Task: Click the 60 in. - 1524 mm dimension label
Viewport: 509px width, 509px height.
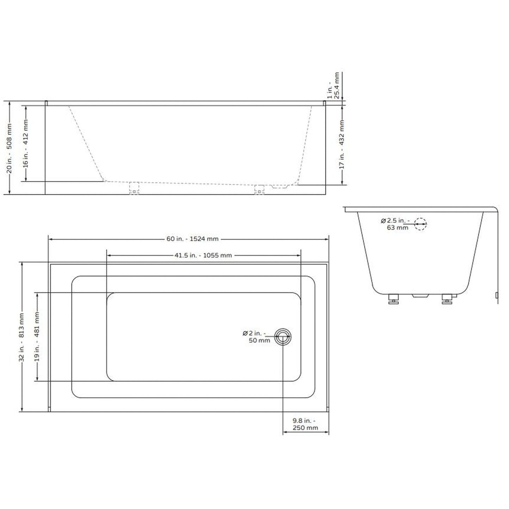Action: (192, 239)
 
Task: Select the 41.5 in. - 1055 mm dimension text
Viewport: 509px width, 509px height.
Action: (203, 255)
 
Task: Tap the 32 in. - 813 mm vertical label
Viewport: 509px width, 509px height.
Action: (22, 337)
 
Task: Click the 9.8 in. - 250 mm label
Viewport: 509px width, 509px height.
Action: (305, 424)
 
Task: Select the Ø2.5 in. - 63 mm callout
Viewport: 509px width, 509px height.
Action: (395, 224)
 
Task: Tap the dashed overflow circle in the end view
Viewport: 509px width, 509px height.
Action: (420, 224)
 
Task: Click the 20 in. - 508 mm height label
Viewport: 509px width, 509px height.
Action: (10, 148)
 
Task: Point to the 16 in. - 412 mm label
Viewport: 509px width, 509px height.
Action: (25, 144)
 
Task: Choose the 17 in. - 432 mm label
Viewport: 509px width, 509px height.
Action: (342, 144)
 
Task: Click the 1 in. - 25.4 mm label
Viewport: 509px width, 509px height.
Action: (333, 86)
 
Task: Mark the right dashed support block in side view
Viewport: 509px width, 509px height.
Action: (259, 190)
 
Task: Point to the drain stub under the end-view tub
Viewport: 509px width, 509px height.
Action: (420, 296)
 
